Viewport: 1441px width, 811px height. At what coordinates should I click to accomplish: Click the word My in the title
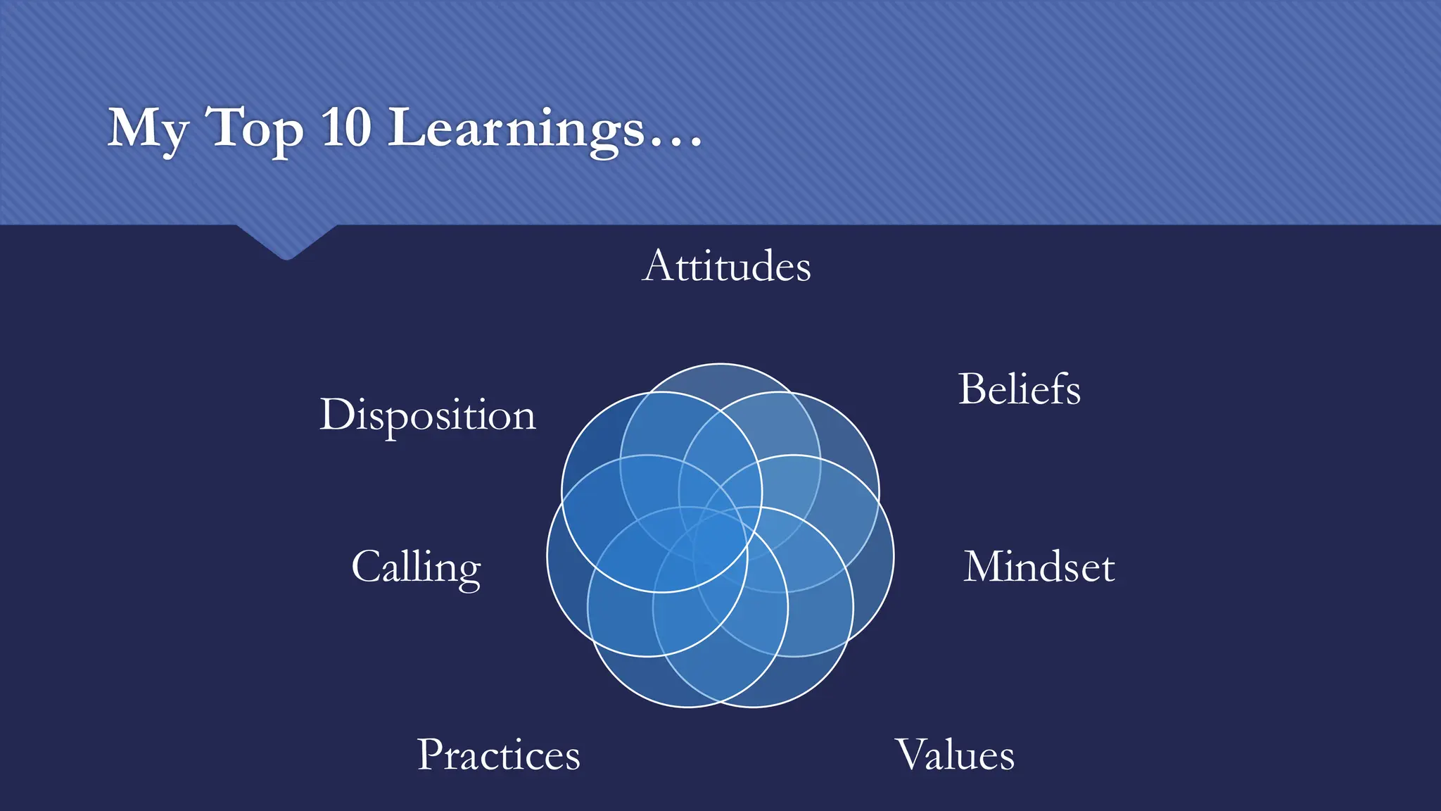[148, 130]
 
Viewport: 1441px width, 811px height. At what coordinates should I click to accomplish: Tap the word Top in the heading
[255, 130]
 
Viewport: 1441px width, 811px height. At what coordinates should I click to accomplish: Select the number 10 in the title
[346, 128]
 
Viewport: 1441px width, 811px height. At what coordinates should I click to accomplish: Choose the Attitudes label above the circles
[726, 266]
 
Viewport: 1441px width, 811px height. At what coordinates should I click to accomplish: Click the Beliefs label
[1019, 389]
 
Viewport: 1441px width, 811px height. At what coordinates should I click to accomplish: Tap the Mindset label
[1039, 567]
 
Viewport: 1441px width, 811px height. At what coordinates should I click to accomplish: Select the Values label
[954, 755]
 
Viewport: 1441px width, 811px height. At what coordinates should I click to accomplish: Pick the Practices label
[498, 755]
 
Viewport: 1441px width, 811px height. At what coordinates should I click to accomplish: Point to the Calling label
[416, 567]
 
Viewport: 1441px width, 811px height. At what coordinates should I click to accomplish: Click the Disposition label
[428, 415]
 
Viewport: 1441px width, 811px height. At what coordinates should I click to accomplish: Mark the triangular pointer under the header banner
[286, 242]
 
